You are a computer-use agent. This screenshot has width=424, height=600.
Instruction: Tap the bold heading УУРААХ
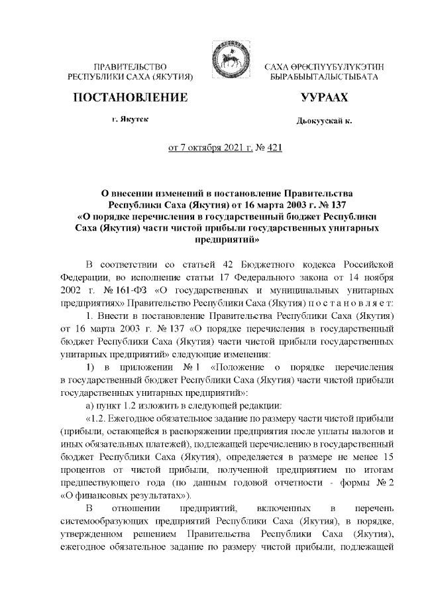pyautogui.click(x=324, y=98)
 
